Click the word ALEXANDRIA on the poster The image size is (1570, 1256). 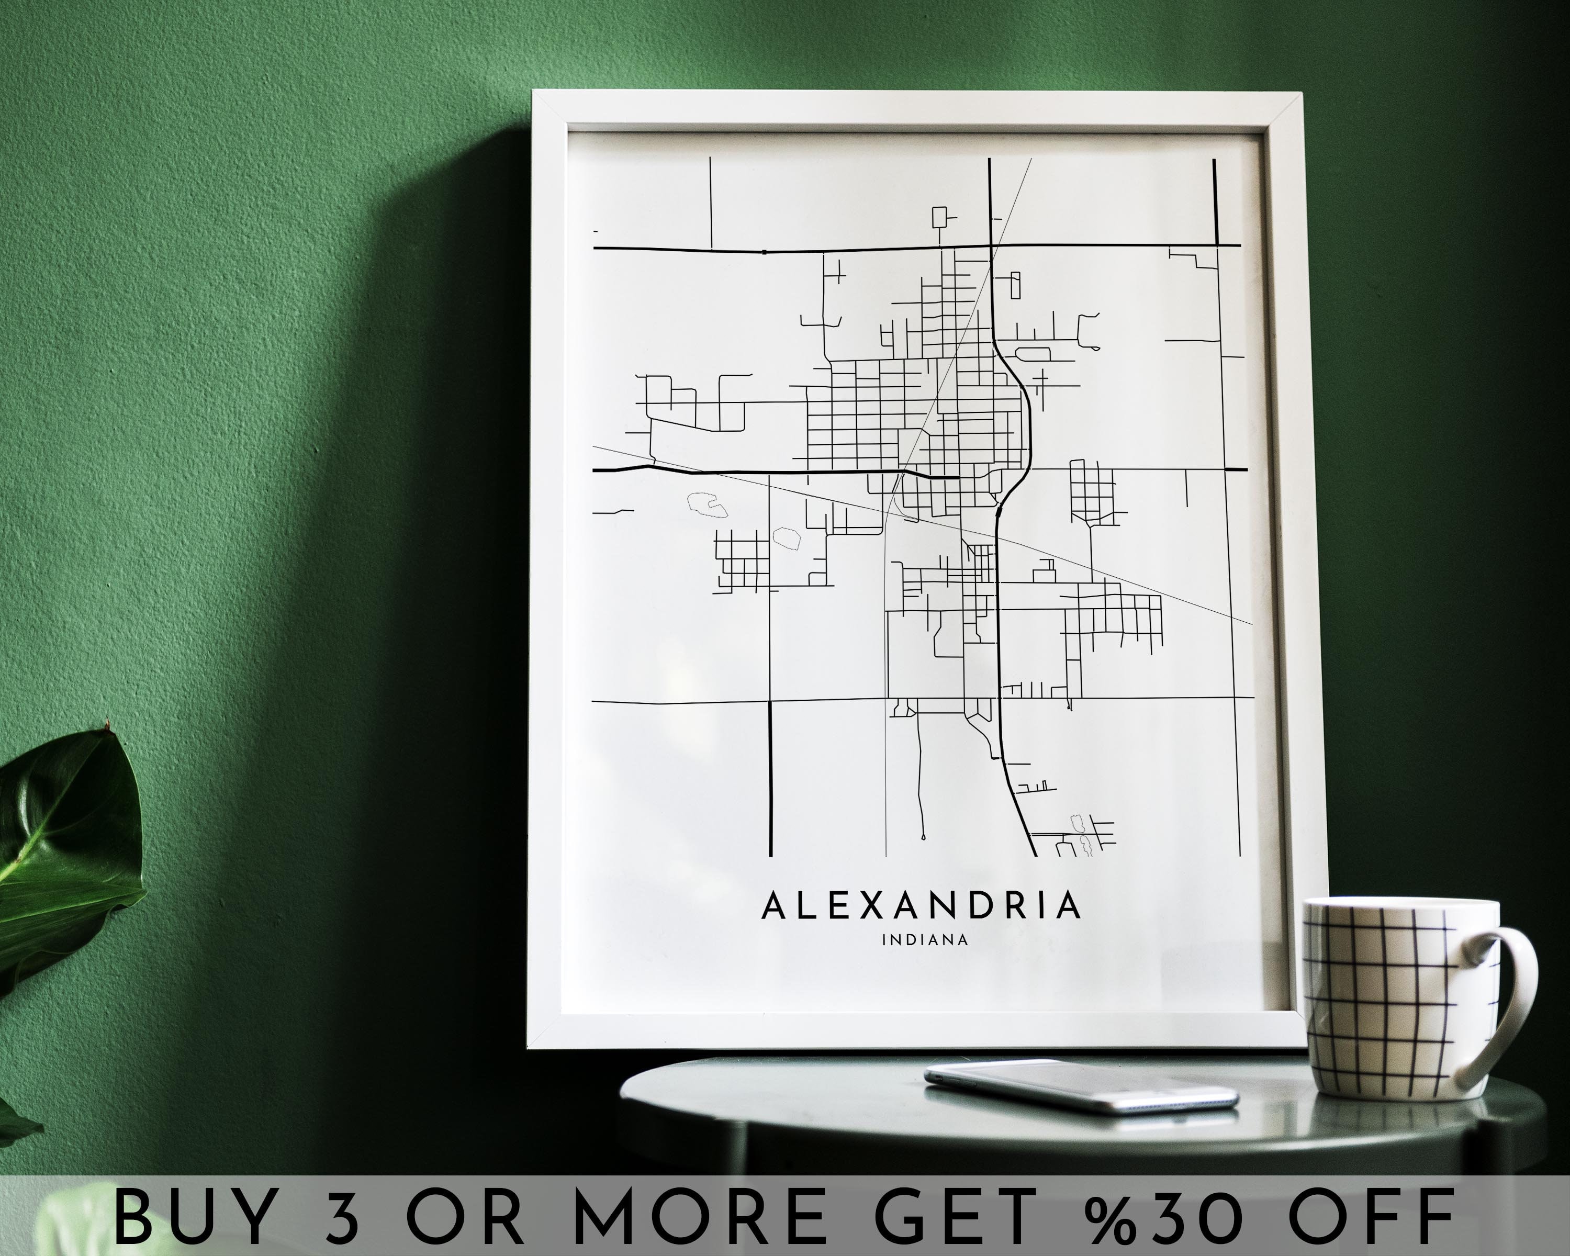[921, 905]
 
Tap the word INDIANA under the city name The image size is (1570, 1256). [925, 940]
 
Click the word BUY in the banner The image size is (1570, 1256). [193, 1217]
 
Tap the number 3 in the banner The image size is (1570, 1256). [342, 1217]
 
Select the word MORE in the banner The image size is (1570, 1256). [699, 1217]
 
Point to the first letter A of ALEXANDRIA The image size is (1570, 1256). [773, 905]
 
